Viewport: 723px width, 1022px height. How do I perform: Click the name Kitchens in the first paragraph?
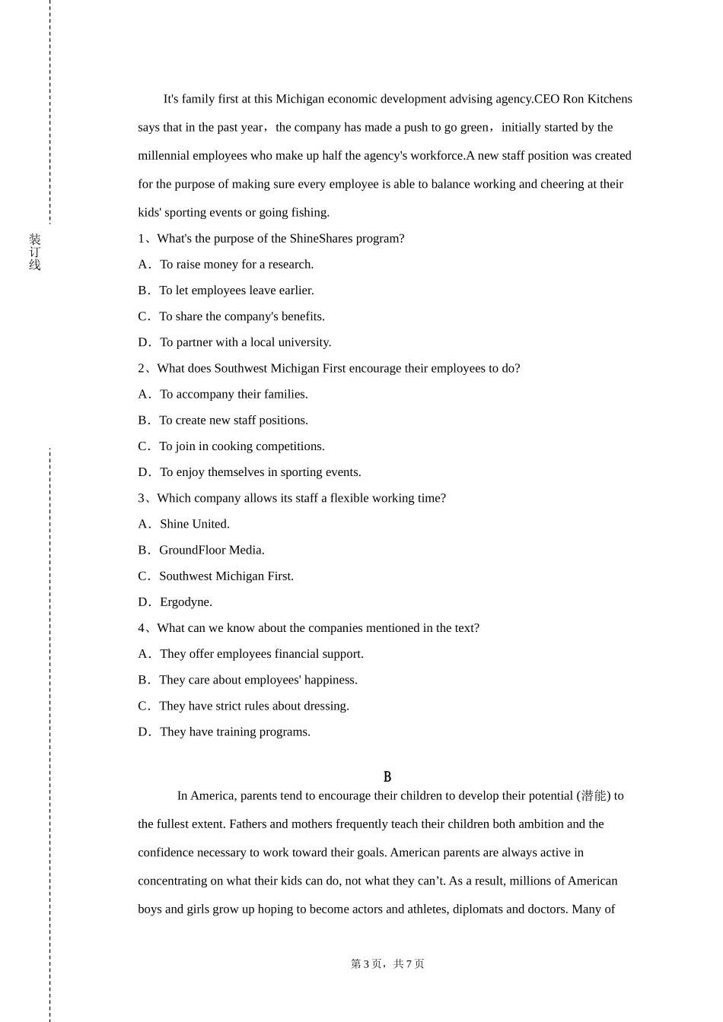coord(608,99)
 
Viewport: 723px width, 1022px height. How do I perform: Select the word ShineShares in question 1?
coord(321,239)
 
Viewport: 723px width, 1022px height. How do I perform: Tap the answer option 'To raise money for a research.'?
coord(236,265)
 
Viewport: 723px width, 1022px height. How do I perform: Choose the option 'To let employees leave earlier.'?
coord(236,290)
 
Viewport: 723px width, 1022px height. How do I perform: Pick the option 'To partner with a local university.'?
coord(245,342)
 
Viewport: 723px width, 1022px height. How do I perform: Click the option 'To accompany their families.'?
coord(234,394)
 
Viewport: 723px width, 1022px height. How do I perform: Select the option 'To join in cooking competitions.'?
coord(241,446)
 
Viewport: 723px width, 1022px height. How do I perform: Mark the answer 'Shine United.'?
coord(194,524)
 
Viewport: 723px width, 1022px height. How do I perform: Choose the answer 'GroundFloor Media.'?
coord(212,550)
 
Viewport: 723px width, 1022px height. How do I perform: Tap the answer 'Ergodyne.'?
coord(186,602)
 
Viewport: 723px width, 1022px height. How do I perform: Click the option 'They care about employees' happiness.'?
coord(258,680)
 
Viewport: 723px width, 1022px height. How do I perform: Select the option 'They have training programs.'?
coord(234,732)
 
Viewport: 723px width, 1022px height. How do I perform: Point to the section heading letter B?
coord(387,777)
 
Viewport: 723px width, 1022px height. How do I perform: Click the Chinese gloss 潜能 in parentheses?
coord(594,796)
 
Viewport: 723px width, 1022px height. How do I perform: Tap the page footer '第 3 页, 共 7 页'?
coord(387,964)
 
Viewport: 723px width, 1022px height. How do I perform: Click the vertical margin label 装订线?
coord(35,252)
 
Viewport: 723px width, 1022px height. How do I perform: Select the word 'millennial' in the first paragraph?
coord(164,156)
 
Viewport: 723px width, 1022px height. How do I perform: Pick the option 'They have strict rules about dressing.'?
coord(253,706)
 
